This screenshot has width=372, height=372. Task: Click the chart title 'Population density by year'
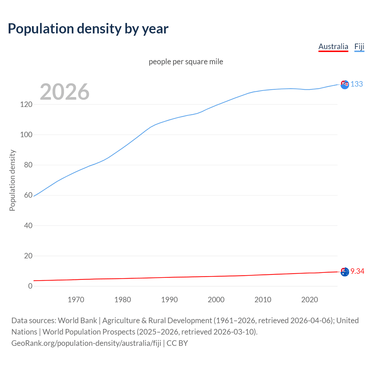[88, 29]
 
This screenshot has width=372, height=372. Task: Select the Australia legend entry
[333, 46]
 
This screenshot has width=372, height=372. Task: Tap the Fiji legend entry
[359, 46]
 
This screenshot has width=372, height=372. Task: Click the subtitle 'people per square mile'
[186, 62]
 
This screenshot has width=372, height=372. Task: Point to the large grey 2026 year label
[65, 92]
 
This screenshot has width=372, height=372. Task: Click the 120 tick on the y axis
[26, 104]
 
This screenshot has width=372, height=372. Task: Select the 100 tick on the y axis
[26, 135]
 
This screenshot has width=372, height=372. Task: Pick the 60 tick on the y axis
[28, 195]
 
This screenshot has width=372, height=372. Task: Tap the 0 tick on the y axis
[30, 286]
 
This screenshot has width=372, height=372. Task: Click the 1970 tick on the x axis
[76, 300]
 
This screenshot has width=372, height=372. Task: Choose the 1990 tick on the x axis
[169, 300]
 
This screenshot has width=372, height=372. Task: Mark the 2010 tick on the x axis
[263, 300]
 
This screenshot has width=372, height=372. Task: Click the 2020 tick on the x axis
[310, 300]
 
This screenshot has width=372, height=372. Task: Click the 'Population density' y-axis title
[12, 180]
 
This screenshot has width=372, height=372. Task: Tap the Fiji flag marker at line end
[345, 85]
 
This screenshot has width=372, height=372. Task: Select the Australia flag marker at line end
[345, 272]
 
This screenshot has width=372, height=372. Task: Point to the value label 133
[357, 84]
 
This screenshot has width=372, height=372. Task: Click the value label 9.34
[357, 271]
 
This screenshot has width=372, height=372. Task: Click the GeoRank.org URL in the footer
[86, 343]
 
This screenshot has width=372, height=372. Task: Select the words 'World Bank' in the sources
[77, 321]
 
